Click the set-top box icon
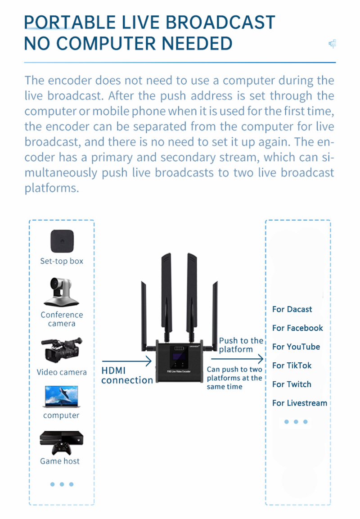(x=62, y=241)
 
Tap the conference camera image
(x=62, y=292)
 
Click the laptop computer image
(x=62, y=397)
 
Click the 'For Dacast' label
(x=292, y=309)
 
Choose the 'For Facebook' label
(x=297, y=328)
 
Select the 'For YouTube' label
(x=296, y=347)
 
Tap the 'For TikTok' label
(x=292, y=366)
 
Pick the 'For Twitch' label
(x=292, y=384)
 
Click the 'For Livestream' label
(x=300, y=403)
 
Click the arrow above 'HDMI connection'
(x=127, y=361)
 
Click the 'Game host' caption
(x=60, y=461)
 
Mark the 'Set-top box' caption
(x=62, y=262)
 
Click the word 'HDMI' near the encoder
(x=113, y=371)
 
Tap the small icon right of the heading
(x=333, y=44)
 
